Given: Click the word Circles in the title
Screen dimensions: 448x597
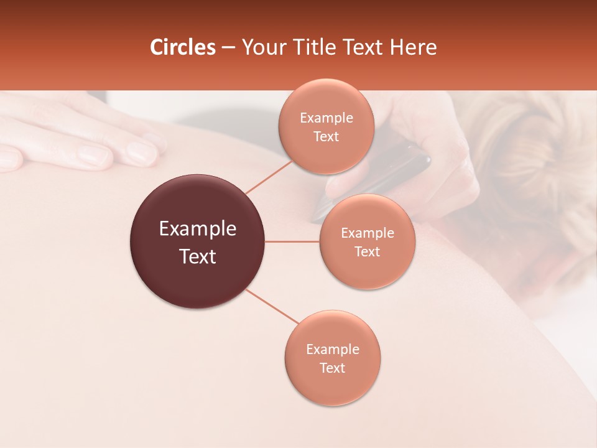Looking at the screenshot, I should click(x=183, y=47).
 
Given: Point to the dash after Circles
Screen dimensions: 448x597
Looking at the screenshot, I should click(x=228, y=48).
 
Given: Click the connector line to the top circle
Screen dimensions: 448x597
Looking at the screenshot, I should click(x=269, y=177).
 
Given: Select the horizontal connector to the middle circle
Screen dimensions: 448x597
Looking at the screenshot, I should click(x=292, y=241).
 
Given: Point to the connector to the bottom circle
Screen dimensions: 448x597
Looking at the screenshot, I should click(x=272, y=306).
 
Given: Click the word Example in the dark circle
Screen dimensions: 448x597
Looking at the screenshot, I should click(x=198, y=229).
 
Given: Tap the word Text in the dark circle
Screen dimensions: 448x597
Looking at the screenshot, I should click(x=198, y=256).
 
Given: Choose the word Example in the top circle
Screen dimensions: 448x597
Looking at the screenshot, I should click(x=326, y=118).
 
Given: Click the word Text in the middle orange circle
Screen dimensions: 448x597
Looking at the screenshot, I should click(x=367, y=251).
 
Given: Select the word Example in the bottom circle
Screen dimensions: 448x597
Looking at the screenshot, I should click(x=332, y=350).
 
